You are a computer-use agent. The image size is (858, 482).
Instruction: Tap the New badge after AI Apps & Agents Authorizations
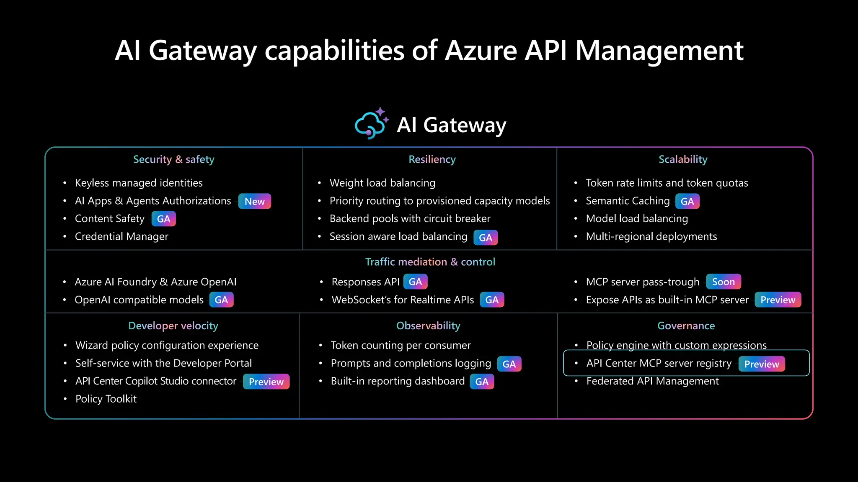(255, 201)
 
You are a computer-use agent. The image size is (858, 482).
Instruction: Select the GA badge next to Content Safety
(163, 219)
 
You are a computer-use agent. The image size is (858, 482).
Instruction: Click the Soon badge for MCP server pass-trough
(723, 282)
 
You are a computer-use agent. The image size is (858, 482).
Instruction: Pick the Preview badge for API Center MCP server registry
(761, 364)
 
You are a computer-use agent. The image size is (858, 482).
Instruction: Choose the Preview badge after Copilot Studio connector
(266, 382)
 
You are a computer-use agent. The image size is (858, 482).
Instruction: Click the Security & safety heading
(173, 159)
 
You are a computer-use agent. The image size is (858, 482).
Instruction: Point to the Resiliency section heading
(432, 159)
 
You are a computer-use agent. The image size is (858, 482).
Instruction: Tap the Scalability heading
(682, 159)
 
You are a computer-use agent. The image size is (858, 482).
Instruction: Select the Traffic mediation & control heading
(430, 262)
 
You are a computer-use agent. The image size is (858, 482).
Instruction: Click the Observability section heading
(428, 326)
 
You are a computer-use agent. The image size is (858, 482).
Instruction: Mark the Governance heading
(686, 326)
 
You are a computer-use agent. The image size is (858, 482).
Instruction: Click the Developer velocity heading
(173, 326)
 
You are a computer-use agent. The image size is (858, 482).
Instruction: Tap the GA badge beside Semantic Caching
(687, 201)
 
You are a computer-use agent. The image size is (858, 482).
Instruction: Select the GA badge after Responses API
(415, 282)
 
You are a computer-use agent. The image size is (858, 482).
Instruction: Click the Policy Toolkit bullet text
(106, 399)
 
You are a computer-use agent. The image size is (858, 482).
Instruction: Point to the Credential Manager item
(121, 236)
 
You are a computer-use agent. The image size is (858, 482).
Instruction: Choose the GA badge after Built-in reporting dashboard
(482, 382)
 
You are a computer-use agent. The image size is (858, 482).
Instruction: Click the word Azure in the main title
(481, 51)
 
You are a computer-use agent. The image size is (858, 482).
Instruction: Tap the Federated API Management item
(652, 381)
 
